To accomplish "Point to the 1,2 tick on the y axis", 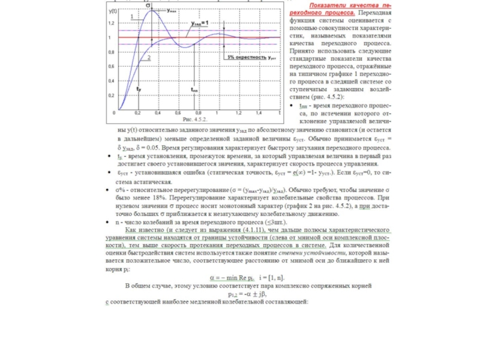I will point(111,23).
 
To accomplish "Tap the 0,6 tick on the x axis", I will point(178,113).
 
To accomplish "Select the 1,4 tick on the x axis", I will point(258,113).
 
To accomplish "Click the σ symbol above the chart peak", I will point(148,5).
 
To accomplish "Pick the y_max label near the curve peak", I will point(172,11).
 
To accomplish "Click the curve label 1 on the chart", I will point(131,17).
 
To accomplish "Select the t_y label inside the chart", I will point(139,89).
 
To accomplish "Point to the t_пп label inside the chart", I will point(195,89).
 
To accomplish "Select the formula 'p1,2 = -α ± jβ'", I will point(246,294).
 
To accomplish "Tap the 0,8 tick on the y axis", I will point(111,52).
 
